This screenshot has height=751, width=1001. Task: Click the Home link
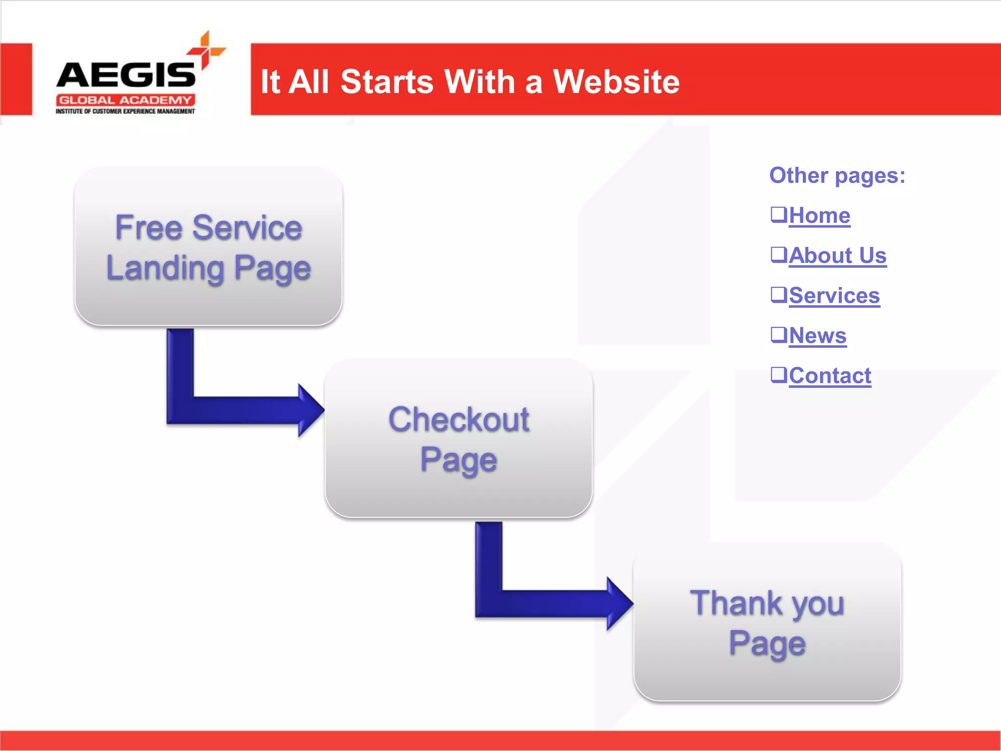click(820, 216)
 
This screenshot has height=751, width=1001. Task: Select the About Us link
click(837, 256)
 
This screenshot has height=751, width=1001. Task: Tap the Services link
click(834, 296)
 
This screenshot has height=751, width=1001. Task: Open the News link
click(817, 336)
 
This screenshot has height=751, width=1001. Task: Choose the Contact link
click(829, 376)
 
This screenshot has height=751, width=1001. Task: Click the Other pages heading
click(837, 176)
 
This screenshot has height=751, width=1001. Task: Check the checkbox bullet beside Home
click(779, 214)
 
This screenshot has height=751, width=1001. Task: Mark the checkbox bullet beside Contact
click(779, 375)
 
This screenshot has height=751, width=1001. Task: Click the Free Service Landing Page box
click(208, 247)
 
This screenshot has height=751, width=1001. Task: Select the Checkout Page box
click(458, 439)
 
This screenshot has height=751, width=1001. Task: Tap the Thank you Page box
click(767, 622)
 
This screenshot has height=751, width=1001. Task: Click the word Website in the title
click(616, 82)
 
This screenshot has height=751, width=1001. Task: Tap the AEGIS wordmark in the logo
click(126, 75)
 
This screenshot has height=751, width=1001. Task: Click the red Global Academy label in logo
click(125, 100)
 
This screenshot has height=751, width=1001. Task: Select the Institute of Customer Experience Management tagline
click(125, 111)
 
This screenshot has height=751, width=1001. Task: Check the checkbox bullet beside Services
click(779, 294)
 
